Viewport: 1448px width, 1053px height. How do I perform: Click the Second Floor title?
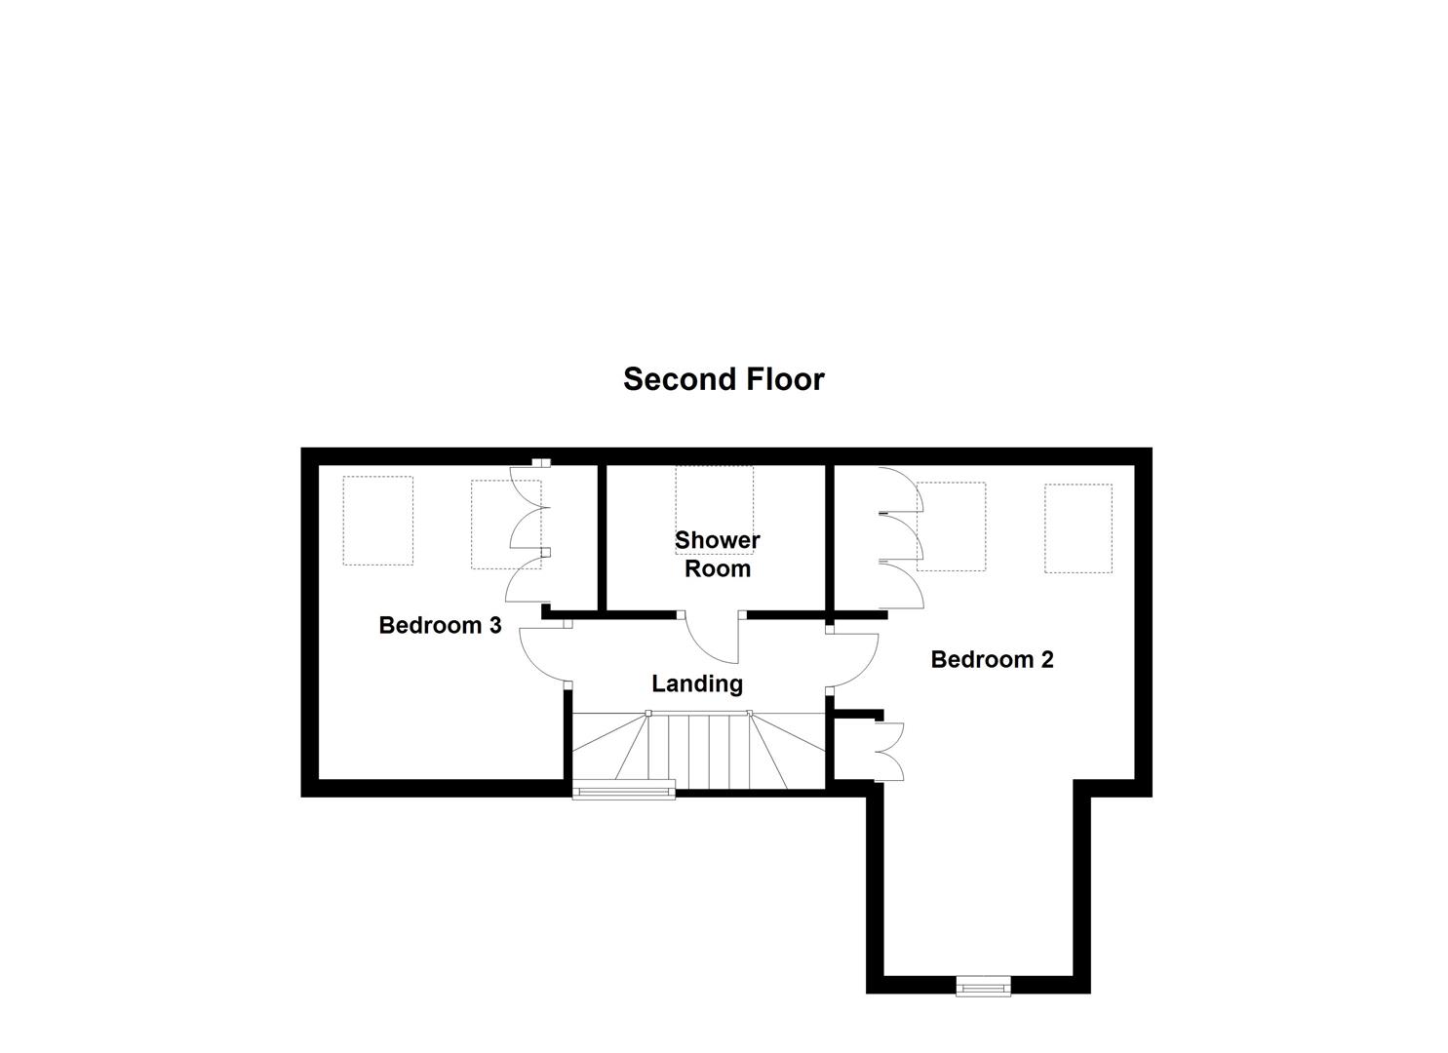tap(724, 379)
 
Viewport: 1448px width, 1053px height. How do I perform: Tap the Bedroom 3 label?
tap(440, 625)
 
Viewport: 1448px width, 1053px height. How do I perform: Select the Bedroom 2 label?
tap(992, 660)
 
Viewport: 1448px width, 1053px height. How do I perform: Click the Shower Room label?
tap(718, 554)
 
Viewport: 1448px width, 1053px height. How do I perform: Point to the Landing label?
tap(697, 684)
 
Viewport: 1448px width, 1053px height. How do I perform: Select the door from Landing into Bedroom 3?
tap(542, 653)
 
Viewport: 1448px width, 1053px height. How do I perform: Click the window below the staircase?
tap(624, 790)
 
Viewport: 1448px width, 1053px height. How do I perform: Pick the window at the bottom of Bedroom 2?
tap(983, 987)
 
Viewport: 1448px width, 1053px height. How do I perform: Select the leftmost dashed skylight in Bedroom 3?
tap(378, 521)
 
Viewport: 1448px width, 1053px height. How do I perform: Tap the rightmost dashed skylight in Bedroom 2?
tap(1078, 528)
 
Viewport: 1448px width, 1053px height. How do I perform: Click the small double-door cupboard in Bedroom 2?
tap(890, 751)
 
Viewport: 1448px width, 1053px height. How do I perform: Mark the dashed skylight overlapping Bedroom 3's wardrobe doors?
tap(505, 524)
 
